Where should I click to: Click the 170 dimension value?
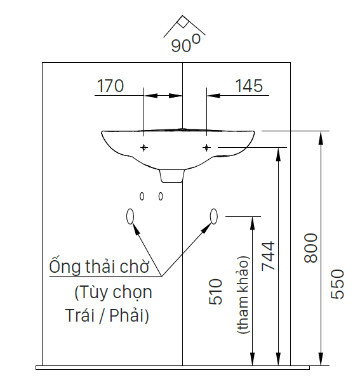(110, 86)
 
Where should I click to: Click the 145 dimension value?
(249, 86)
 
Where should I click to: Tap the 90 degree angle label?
(186, 44)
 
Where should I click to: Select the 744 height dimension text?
(269, 256)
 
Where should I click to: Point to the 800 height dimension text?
(310, 248)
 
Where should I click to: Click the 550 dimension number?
(337, 284)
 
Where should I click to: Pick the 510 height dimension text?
(215, 292)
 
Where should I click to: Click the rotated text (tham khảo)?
(243, 295)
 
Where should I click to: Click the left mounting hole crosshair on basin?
(144, 147)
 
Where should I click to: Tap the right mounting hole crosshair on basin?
(206, 147)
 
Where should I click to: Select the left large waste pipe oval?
(130, 216)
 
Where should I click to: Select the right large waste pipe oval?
(214, 216)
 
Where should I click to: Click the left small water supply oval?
(142, 196)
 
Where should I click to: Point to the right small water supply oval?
(161, 196)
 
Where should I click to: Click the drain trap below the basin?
(172, 176)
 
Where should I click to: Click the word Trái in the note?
(79, 315)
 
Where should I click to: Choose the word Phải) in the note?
(129, 316)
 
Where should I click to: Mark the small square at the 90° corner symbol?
(183, 22)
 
